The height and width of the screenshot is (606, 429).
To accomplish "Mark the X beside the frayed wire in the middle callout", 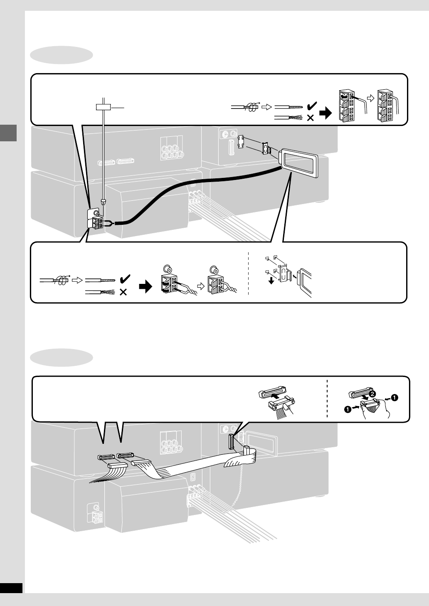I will [123, 293].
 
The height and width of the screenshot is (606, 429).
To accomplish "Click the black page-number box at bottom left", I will [11, 587].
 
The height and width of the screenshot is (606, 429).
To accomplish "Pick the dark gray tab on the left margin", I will [8, 133].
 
